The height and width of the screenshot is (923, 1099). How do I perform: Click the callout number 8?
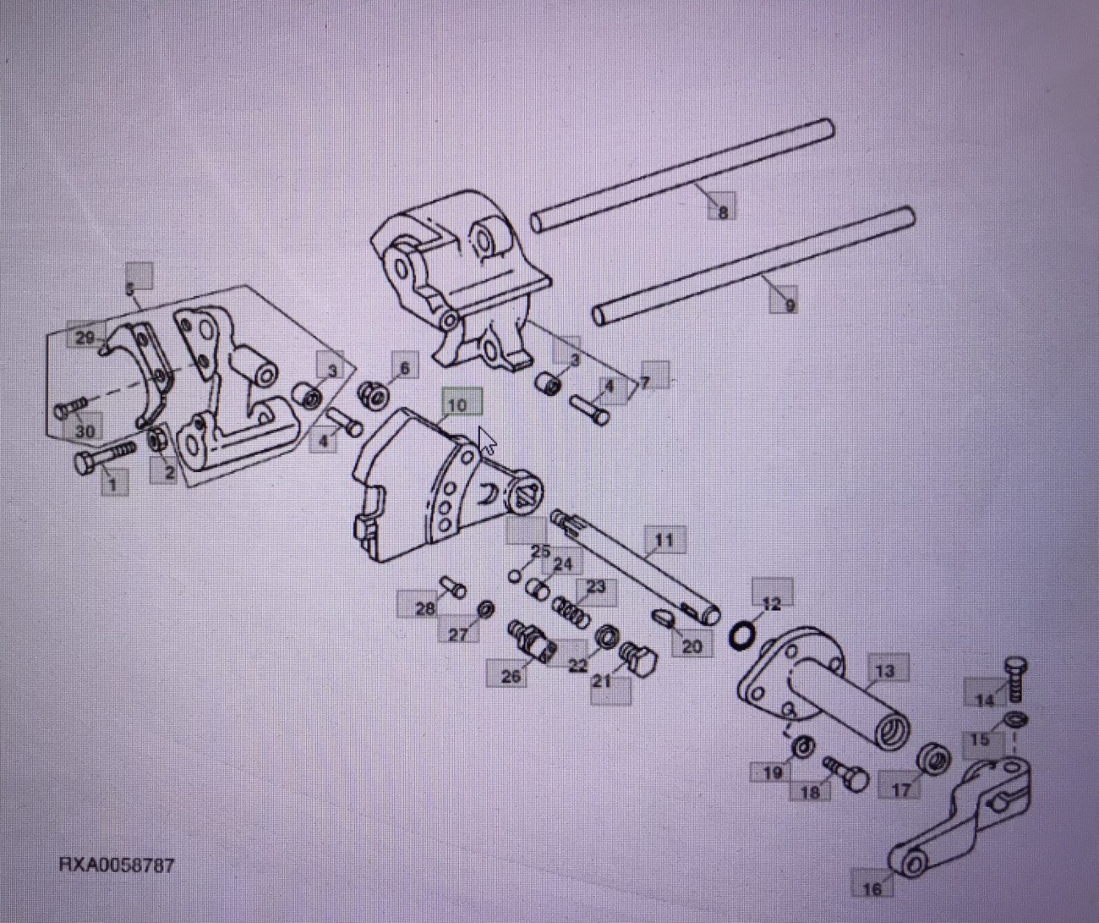[722, 212]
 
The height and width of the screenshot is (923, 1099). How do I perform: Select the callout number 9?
[789, 304]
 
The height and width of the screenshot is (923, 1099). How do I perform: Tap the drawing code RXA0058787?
[117, 865]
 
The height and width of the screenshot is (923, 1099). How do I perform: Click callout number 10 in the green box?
[457, 405]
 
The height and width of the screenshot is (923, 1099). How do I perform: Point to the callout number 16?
[872, 887]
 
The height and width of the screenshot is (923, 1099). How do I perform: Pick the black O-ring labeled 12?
[741, 635]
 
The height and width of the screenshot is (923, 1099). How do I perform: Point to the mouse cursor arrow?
[487, 441]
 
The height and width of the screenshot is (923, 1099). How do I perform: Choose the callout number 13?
[884, 671]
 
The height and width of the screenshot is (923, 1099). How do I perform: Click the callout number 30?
[85, 431]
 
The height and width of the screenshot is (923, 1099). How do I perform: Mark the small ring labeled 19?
[803, 746]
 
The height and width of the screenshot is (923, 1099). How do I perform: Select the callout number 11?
[664, 540]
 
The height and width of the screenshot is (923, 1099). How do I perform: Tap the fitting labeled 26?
[530, 640]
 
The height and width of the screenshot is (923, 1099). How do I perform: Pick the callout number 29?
[85, 338]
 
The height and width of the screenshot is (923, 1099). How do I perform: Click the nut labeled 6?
[372, 394]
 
